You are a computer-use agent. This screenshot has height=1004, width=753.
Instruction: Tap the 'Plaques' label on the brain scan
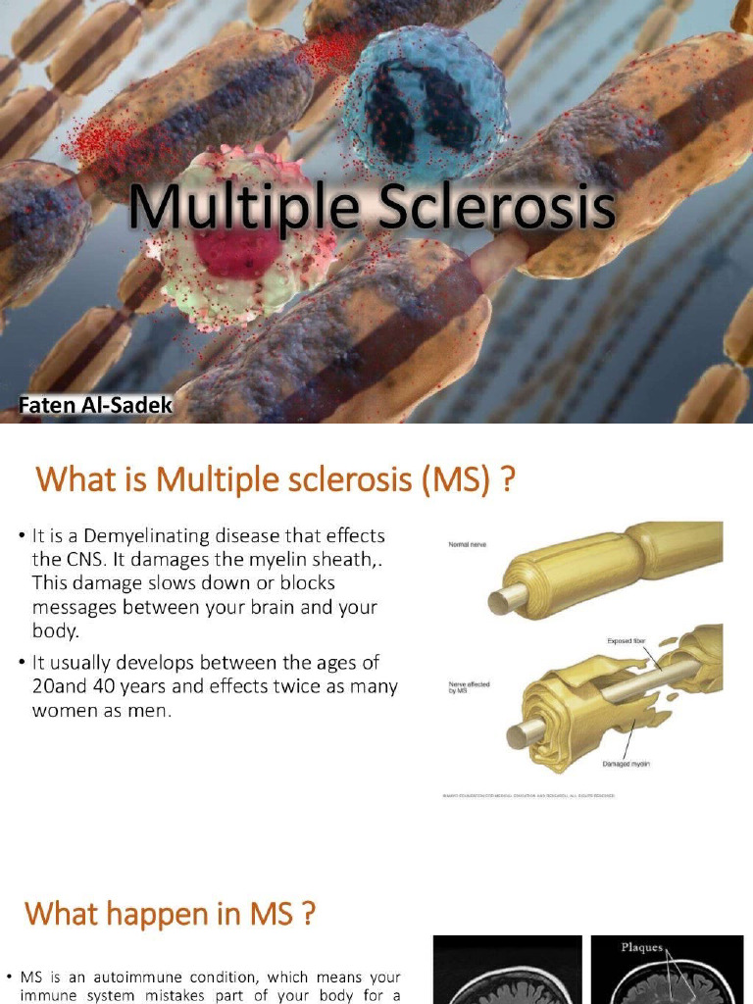pos(642,948)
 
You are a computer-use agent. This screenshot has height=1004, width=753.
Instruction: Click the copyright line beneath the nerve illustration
pos(582,795)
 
